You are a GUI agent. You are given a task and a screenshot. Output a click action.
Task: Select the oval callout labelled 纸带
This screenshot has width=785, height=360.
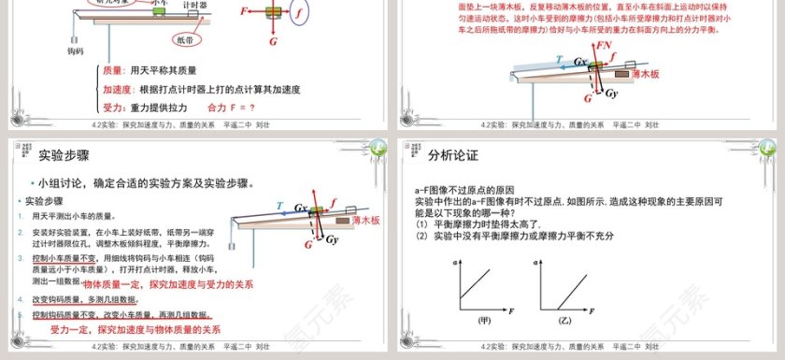point(187,40)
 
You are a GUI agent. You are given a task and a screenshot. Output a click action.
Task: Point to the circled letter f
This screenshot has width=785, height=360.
point(298,15)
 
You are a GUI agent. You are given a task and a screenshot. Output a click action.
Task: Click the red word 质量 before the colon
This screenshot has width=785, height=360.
point(113,70)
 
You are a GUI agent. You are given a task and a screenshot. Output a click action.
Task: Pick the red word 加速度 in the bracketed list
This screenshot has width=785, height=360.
point(118,89)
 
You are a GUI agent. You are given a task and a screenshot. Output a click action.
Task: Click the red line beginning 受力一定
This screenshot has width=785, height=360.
point(136,330)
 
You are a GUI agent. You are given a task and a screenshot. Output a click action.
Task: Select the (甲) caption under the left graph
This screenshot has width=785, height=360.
point(484,321)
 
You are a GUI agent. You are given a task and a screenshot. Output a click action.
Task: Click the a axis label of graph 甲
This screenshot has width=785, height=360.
point(455,264)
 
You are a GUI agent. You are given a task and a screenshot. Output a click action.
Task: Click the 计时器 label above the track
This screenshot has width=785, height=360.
point(194,4)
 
